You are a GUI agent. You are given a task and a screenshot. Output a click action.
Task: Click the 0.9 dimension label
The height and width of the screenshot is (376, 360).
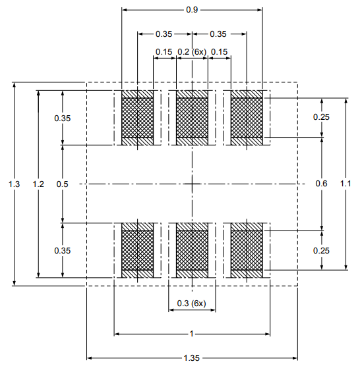192,10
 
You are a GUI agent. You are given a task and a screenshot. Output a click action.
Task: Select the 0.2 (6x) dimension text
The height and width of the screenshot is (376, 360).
192,52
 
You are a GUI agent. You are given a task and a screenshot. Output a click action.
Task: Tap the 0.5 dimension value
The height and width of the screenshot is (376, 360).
62,184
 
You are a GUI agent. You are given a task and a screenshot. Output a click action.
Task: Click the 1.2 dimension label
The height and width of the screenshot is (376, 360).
38,184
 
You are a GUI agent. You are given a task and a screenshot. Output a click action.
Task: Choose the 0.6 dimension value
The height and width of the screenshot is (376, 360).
321,184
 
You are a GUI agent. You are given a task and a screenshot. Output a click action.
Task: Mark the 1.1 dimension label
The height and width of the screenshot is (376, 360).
345,184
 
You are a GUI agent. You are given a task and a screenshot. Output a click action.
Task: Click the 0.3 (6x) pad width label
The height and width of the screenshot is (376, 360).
192,303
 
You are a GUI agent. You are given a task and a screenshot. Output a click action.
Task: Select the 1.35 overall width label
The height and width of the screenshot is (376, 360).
192,358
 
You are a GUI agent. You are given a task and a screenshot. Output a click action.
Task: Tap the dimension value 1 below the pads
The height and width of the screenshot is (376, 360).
192,335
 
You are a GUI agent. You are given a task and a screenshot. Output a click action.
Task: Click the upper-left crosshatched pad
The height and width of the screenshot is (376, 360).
138,118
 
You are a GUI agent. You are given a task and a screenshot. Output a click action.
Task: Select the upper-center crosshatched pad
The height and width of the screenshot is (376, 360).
192,118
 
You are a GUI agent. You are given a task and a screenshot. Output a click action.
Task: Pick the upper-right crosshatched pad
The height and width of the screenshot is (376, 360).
246,118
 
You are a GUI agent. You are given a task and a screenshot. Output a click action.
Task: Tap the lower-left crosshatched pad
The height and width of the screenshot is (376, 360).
138,250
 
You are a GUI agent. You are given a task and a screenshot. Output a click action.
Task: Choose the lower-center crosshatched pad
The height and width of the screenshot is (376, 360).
192,250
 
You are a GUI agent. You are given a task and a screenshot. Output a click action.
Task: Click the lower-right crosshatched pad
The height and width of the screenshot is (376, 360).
246,250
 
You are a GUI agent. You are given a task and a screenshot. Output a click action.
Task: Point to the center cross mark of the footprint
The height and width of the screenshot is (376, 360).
192,184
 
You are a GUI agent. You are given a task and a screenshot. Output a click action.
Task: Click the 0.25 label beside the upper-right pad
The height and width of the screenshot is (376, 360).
321,117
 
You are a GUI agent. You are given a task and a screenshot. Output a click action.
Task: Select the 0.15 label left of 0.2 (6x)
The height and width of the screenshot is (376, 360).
164,52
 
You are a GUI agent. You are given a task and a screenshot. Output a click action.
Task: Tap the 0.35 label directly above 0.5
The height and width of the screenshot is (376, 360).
62,119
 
